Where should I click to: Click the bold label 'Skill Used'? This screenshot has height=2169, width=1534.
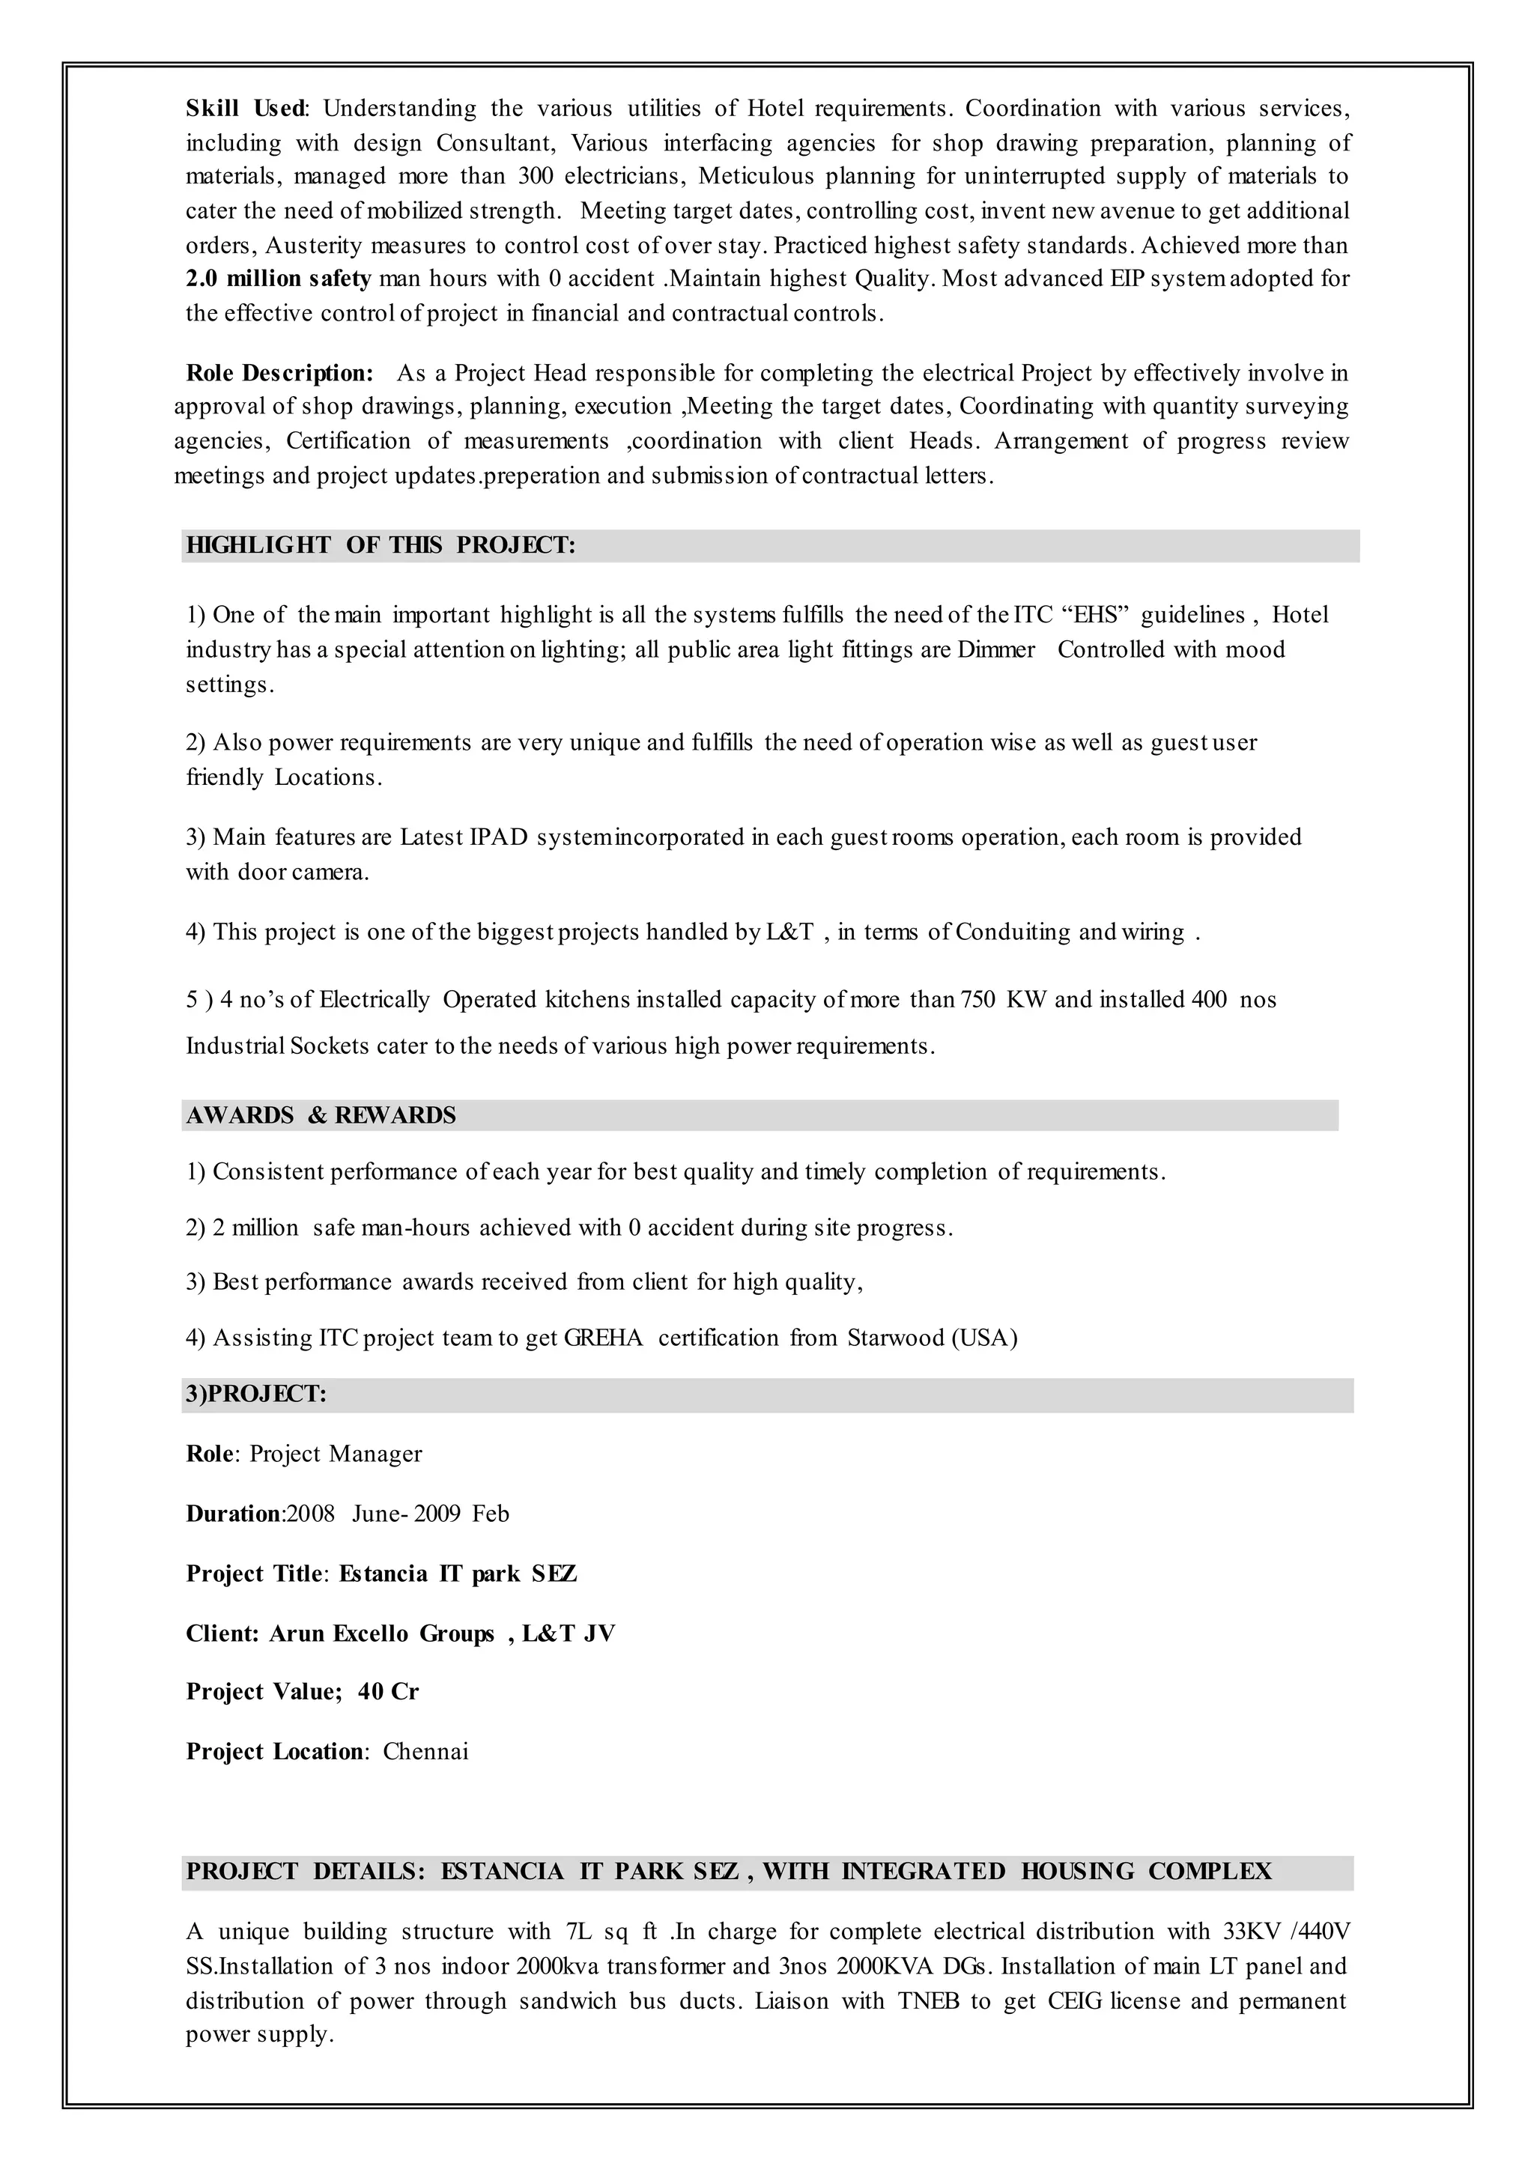245,109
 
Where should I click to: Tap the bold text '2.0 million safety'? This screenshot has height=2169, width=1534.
278,279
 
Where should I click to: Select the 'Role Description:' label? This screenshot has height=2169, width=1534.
279,373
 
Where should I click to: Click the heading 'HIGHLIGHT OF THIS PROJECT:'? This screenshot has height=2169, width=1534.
381,546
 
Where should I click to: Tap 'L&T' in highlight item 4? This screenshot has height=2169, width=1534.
789,932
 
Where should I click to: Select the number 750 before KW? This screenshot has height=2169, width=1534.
977,999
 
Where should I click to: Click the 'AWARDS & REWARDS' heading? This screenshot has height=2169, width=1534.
321,1116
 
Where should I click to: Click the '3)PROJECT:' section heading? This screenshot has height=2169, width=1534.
256,1395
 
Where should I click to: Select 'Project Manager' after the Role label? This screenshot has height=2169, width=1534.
336,1454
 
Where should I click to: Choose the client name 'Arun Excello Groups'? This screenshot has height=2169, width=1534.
381,1633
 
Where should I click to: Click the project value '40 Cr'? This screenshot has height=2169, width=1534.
387,1692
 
